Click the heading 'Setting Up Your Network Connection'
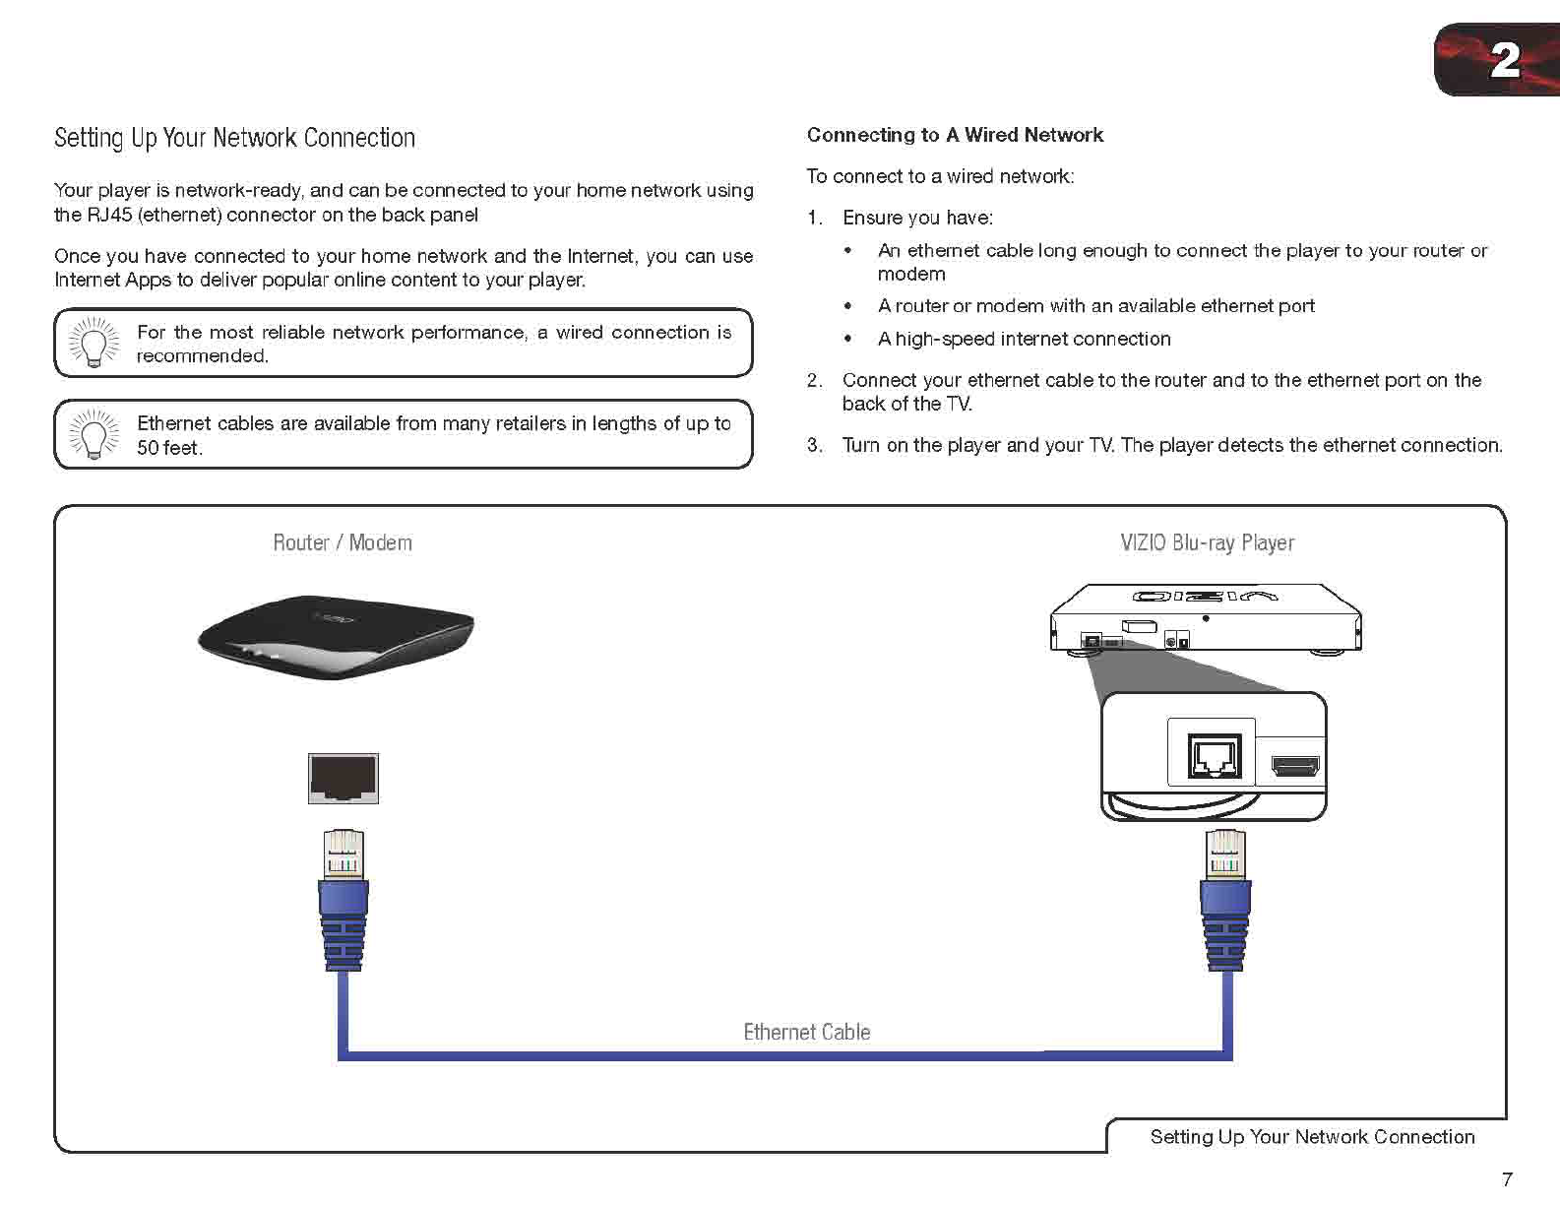pyautogui.click(x=234, y=138)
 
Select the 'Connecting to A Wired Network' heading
pyautogui.click(x=954, y=135)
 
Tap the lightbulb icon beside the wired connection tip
pyautogui.click(x=94, y=343)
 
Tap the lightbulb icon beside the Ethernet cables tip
pyautogui.click(x=94, y=434)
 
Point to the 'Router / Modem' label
pyautogui.click(x=342, y=542)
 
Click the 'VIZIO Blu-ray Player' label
pyautogui.click(x=1207, y=542)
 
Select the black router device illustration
pyautogui.click(x=336, y=635)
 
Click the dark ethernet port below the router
pyautogui.click(x=343, y=778)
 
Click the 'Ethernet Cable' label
pyautogui.click(x=806, y=1032)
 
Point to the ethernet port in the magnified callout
pyautogui.click(x=1214, y=755)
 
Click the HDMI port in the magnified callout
pyautogui.click(x=1294, y=765)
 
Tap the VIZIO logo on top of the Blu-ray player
pyautogui.click(x=1205, y=596)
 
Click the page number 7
pyautogui.click(x=1507, y=1178)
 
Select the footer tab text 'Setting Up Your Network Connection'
pyautogui.click(x=1312, y=1137)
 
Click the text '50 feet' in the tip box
pyautogui.click(x=168, y=448)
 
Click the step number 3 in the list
pyautogui.click(x=814, y=445)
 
